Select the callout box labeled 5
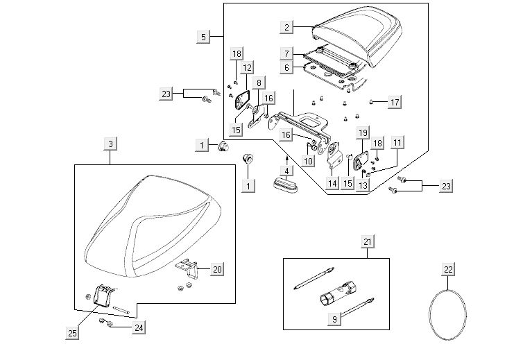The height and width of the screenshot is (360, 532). [203, 36]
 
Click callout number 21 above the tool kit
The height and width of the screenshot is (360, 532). [368, 242]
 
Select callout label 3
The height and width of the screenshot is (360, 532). [110, 144]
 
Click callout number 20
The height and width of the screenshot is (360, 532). [217, 269]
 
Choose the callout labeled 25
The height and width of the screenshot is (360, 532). [72, 334]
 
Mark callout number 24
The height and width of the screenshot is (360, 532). [140, 328]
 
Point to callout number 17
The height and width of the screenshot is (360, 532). [395, 103]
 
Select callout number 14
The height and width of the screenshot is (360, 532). [332, 184]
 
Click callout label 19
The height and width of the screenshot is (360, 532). [363, 132]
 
